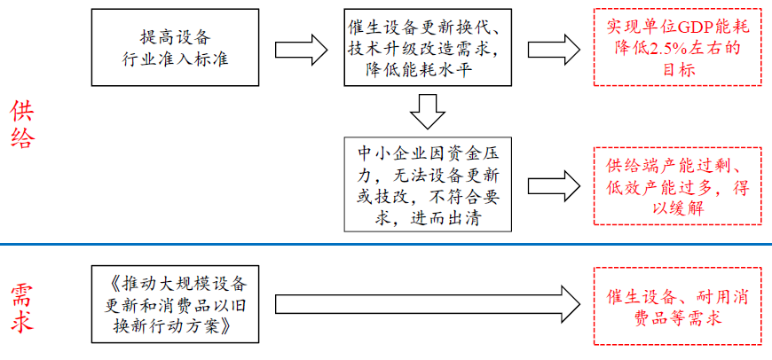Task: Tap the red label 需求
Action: point(22,308)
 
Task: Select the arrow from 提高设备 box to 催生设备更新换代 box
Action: point(300,47)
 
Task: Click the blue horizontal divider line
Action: point(386,244)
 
